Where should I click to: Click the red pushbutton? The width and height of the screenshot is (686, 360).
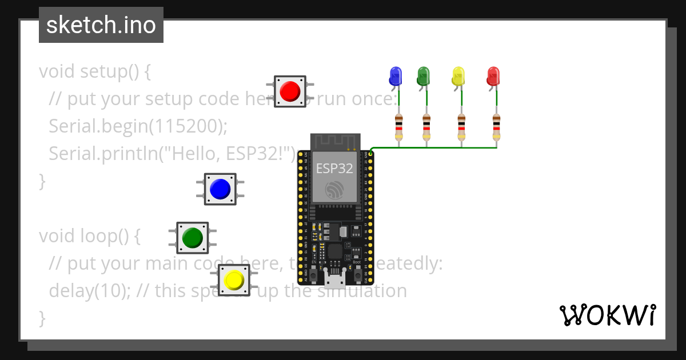pos(290,91)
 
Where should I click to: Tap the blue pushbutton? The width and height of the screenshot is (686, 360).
pos(220,189)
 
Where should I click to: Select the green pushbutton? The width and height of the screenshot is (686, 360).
pos(192,237)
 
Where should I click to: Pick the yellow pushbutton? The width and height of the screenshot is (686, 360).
pos(234,280)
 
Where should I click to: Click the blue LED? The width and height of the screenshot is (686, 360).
pos(395,76)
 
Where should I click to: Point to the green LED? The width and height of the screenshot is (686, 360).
pos(423,76)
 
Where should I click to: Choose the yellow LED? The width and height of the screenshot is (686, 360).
pos(458,76)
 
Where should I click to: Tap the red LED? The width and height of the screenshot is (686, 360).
pos(493,76)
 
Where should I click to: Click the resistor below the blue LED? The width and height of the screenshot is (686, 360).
pos(398,127)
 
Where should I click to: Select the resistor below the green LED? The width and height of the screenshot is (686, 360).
pos(426,127)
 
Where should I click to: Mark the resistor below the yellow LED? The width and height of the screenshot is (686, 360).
pos(461,127)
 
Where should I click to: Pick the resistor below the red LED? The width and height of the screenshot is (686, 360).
pos(496,127)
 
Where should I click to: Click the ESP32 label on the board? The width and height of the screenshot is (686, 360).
pos(335,168)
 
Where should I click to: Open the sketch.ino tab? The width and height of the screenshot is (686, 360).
pos(101,25)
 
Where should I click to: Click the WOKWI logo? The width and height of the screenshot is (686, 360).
pos(607,315)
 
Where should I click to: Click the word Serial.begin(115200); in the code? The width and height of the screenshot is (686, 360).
pos(138,126)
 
